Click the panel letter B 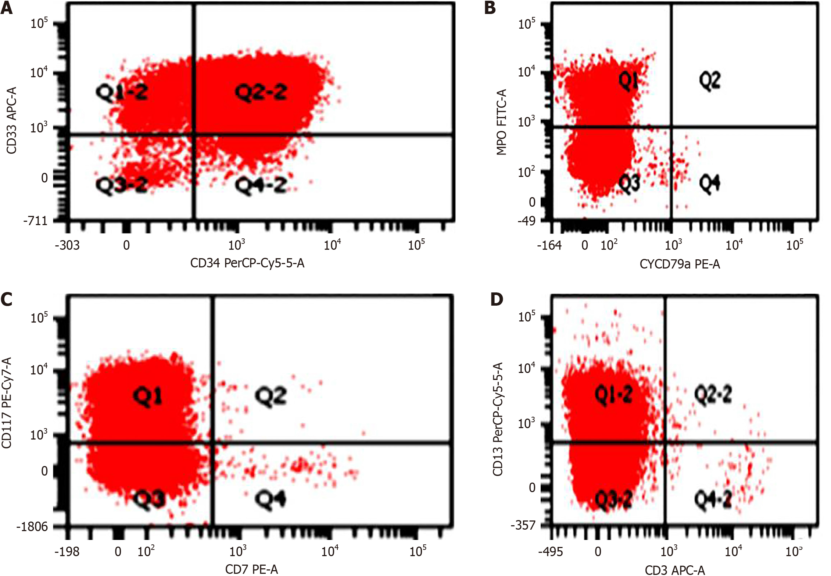[x=490, y=8]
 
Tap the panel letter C [x=7, y=299]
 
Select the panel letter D [x=497, y=299]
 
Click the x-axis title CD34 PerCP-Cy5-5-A [x=247, y=263]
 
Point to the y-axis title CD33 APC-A [x=11, y=120]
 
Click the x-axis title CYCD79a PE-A [x=680, y=264]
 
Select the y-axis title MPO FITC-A [x=501, y=122]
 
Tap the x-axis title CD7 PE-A [x=251, y=569]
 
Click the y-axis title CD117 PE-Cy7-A [x=7, y=402]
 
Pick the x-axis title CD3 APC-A [x=675, y=570]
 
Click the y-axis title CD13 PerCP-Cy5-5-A [x=498, y=419]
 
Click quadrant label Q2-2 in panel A [x=261, y=92]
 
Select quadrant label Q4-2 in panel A [x=261, y=185]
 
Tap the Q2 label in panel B [x=709, y=81]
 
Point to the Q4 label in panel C [x=271, y=499]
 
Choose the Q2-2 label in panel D [x=713, y=394]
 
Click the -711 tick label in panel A [x=36, y=221]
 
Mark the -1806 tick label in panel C [x=32, y=527]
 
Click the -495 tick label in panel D [x=550, y=552]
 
